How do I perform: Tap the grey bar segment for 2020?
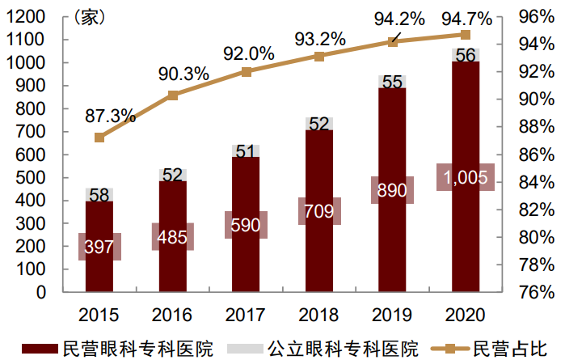point(466,55)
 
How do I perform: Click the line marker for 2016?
point(172,95)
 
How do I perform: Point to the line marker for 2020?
point(466,35)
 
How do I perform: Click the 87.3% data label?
point(110,116)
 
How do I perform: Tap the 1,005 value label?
point(465,178)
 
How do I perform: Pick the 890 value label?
point(392,191)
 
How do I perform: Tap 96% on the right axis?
point(536,17)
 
